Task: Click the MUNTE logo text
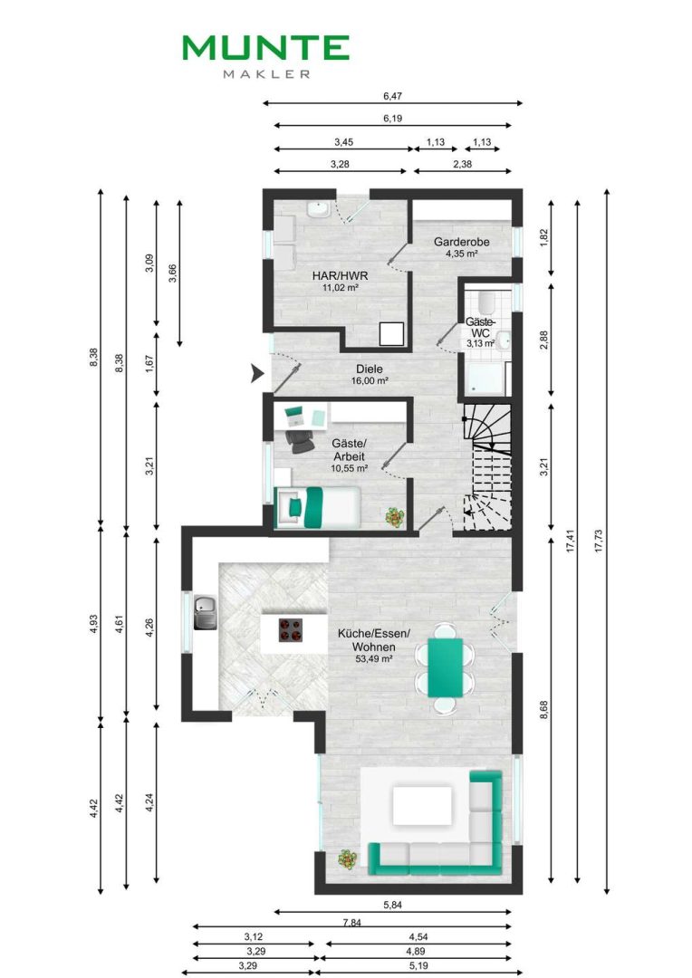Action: pos(265,48)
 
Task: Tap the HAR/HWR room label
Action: pos(340,275)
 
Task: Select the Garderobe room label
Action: pos(462,242)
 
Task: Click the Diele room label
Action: pos(370,369)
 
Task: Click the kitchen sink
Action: pos(206,612)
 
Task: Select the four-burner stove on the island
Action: pos(290,630)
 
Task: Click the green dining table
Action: pos(445,667)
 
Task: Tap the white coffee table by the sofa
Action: pos(422,805)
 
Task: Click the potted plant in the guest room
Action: pos(394,517)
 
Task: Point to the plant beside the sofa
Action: pos(348,860)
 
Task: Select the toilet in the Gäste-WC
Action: pos(486,303)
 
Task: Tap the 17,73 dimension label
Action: pos(599,542)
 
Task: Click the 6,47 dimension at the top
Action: pos(392,96)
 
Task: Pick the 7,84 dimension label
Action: pos(352,923)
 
